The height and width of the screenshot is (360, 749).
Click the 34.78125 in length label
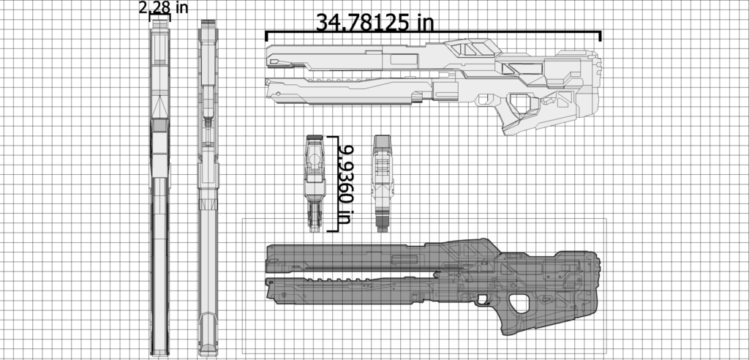click(x=375, y=22)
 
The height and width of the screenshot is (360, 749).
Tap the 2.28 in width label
click(x=163, y=7)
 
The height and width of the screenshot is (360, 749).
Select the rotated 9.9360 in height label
click(x=344, y=184)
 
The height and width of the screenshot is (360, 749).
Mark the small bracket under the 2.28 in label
click(x=159, y=17)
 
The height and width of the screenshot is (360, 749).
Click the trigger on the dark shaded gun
click(x=483, y=300)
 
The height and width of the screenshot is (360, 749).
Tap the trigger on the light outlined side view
click(x=484, y=99)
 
